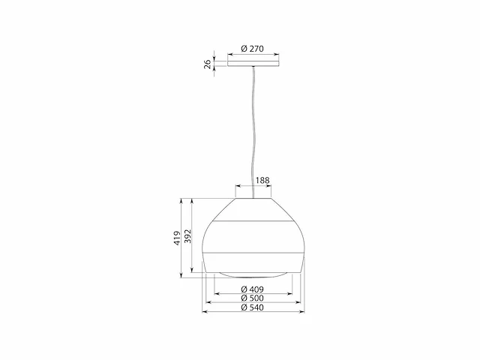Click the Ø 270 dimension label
(x=252, y=49)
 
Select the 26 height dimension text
(x=208, y=64)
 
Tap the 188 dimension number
(x=262, y=180)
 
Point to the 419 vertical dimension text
(x=177, y=238)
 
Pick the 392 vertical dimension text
(x=187, y=236)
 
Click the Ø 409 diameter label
(x=252, y=289)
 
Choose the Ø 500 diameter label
(x=252, y=298)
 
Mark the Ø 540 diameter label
(x=252, y=307)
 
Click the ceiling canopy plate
(x=253, y=63)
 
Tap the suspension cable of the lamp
(x=253, y=132)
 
